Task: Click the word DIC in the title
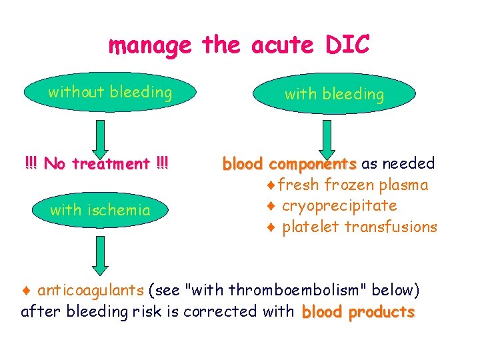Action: pyautogui.click(x=347, y=45)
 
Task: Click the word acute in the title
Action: pyautogui.click(x=283, y=45)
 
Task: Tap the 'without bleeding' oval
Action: pyautogui.click(x=110, y=92)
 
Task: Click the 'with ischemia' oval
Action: pyautogui.click(x=100, y=210)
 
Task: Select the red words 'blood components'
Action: pyautogui.click(x=289, y=163)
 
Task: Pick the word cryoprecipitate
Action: pyautogui.click(x=339, y=205)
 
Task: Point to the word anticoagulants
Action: pyautogui.click(x=91, y=290)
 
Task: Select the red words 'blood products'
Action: pyautogui.click(x=358, y=312)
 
